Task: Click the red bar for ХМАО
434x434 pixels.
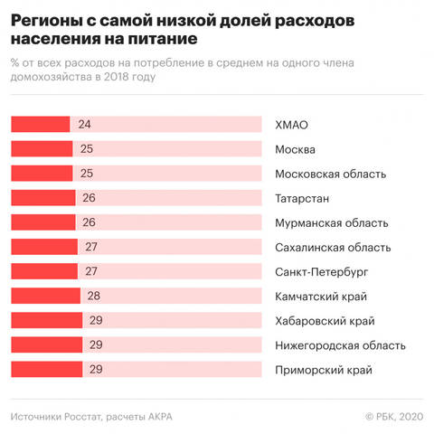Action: point(41,125)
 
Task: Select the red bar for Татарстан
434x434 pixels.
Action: point(42,198)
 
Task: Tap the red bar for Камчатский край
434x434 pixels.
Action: point(45,296)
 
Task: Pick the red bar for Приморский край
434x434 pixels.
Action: point(47,369)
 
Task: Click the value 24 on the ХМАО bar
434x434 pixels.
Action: point(85,125)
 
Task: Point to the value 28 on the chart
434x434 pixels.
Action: point(94,296)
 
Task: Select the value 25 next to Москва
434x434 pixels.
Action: point(87,149)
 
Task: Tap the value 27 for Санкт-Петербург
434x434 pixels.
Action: point(91,271)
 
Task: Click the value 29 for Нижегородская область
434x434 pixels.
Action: point(97,344)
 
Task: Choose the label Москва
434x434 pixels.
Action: point(294,149)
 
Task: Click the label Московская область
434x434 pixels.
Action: point(330,174)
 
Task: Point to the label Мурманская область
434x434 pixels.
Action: point(331,222)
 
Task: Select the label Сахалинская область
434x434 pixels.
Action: point(332,247)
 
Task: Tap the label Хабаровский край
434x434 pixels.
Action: point(324,320)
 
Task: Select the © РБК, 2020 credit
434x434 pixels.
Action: point(393,416)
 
